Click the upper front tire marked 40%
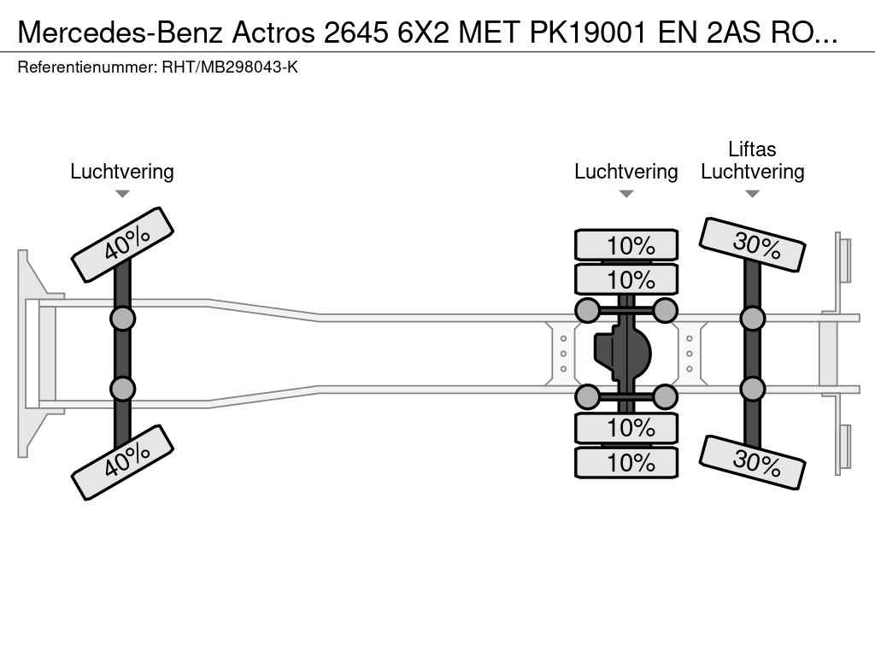click(122, 244)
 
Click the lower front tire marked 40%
click(122, 461)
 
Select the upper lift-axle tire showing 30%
click(753, 245)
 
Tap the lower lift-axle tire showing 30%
click(753, 462)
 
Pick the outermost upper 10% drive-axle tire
click(626, 245)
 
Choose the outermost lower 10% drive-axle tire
click(626, 462)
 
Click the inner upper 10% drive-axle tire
click(626, 279)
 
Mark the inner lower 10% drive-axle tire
click(626, 426)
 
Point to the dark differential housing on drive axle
click(623, 353)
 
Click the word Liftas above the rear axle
click(752, 149)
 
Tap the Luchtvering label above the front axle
click(122, 172)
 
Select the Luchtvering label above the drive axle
click(626, 172)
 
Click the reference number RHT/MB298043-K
click(230, 67)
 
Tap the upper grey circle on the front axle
click(122, 319)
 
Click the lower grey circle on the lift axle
click(753, 389)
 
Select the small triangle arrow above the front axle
click(122, 194)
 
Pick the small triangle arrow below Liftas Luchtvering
click(753, 194)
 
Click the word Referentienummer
click(86, 67)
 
